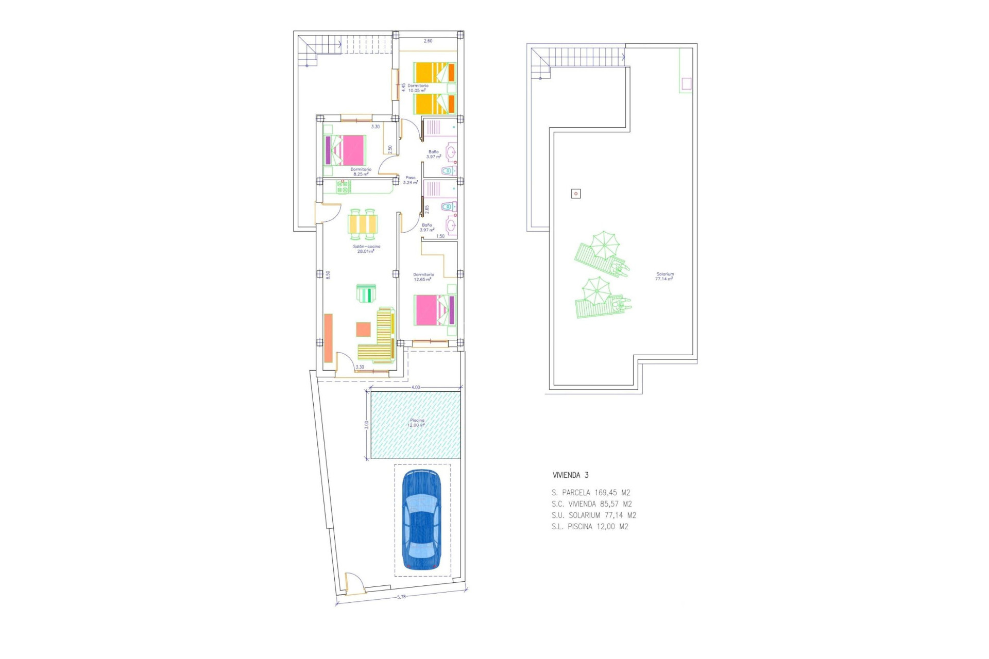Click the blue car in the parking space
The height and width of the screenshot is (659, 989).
[x=421, y=520]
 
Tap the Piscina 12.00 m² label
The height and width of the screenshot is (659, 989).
[x=416, y=423]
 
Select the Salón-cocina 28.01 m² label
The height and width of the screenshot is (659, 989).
[x=366, y=249]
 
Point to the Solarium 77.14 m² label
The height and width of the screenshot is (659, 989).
[x=664, y=276]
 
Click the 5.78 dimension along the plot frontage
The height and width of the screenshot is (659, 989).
[x=401, y=597]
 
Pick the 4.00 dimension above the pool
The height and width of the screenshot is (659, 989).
[x=415, y=387]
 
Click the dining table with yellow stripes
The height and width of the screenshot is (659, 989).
[x=363, y=224]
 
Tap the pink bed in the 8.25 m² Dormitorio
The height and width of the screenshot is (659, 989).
[x=349, y=150]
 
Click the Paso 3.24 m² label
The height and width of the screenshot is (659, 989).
[x=410, y=180]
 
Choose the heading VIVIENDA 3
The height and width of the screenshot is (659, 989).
[x=570, y=475]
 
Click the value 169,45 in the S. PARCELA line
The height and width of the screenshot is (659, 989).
[x=605, y=493]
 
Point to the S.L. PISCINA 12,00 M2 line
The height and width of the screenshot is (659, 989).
[x=589, y=527]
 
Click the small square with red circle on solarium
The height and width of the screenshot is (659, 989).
[x=576, y=194]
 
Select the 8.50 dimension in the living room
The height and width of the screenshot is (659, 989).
[x=328, y=275]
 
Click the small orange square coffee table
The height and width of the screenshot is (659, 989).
[x=363, y=329]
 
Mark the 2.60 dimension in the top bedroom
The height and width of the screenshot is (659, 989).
[x=428, y=41]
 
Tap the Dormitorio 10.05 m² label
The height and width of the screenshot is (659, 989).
[x=417, y=88]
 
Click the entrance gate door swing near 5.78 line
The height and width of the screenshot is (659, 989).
[x=353, y=583]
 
